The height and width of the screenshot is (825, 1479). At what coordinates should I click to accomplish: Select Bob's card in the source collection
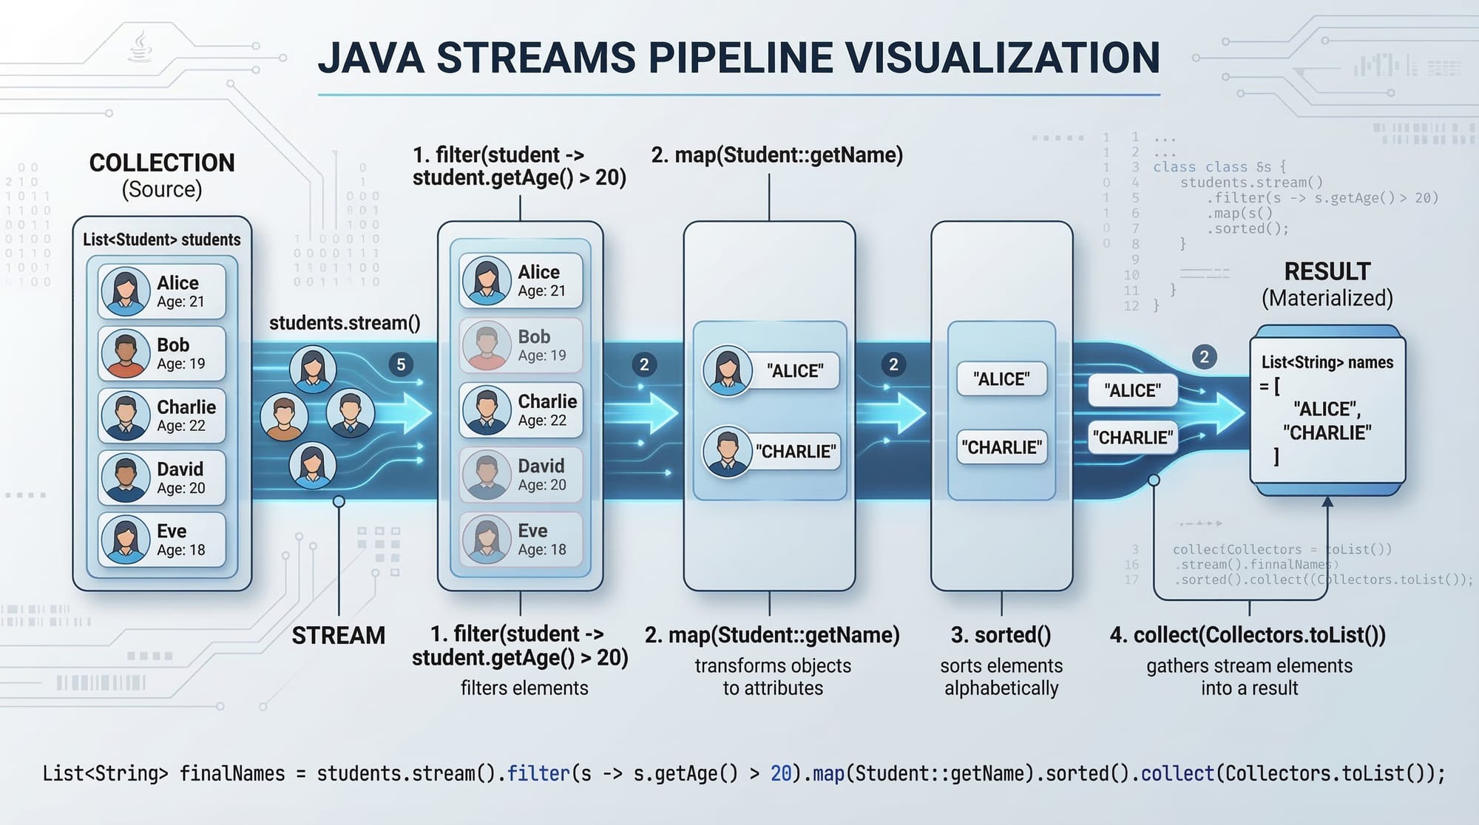coord(162,353)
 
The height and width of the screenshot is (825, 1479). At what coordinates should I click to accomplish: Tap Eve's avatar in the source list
coord(125,540)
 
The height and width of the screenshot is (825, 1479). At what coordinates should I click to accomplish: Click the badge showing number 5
coord(401,364)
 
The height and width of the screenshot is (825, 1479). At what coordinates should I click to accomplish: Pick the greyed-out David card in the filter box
coord(521,475)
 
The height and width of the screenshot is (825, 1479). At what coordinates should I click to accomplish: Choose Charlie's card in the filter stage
coord(521,410)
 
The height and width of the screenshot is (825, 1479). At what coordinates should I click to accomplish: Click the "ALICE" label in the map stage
coord(794,370)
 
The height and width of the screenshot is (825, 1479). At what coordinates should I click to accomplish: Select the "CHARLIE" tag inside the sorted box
coord(1001,447)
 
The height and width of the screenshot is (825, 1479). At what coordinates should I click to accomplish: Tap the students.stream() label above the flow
coord(345,323)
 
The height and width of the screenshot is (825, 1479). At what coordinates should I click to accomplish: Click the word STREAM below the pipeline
coord(338,636)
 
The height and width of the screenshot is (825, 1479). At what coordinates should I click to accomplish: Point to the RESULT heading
coord(1327,271)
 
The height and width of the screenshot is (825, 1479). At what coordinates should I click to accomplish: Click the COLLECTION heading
coord(162,163)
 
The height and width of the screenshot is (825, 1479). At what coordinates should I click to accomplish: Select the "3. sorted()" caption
coord(1001,635)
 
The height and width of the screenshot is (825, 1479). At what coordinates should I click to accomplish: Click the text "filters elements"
coord(524,688)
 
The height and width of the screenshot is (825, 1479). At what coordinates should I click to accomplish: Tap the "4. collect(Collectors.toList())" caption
coord(1248,635)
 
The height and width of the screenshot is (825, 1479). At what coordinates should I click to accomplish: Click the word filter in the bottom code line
coord(538,773)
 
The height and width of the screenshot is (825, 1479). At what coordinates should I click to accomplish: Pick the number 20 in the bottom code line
coord(781,773)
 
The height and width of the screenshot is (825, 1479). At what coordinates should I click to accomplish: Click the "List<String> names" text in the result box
coord(1327,362)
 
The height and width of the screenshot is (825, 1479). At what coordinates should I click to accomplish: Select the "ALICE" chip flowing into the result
coord(1132,390)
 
